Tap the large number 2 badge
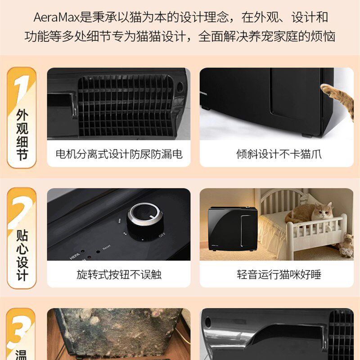(21, 208)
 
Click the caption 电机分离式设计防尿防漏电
(119, 154)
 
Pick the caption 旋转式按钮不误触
(119, 274)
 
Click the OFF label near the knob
(162, 235)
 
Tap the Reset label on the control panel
(106, 247)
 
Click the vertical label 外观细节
(22, 135)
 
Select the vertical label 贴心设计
(22, 255)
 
